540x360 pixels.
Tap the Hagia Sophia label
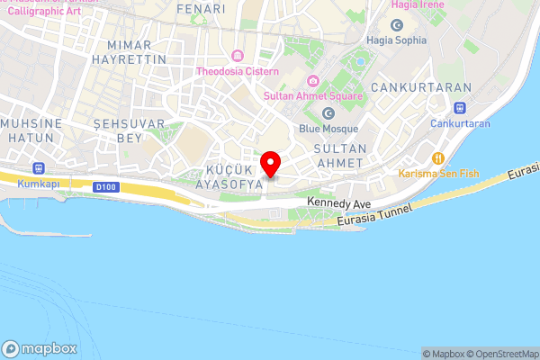[x=395, y=40]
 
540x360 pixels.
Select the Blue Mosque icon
[x=328, y=113]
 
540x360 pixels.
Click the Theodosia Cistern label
[x=238, y=71]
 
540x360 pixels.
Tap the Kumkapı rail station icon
[x=39, y=167]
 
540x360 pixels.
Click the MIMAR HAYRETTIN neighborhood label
[x=137, y=51]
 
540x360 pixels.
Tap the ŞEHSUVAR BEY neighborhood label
[x=130, y=130]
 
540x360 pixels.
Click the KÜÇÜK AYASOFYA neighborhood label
[x=229, y=176]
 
